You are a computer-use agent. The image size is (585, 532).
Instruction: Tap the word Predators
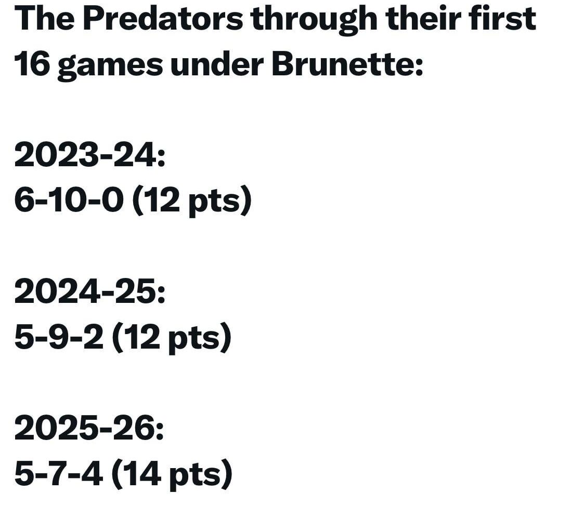coord(162,19)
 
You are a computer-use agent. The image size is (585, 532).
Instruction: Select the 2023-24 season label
coord(89,155)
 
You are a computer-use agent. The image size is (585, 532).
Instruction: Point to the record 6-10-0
coord(69,201)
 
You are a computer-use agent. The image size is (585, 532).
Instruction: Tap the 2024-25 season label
coord(89,291)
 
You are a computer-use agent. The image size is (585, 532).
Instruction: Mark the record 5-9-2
coord(58,337)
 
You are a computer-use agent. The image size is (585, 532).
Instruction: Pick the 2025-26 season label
coord(89,428)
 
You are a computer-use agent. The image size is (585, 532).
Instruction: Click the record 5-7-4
coord(58,473)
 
